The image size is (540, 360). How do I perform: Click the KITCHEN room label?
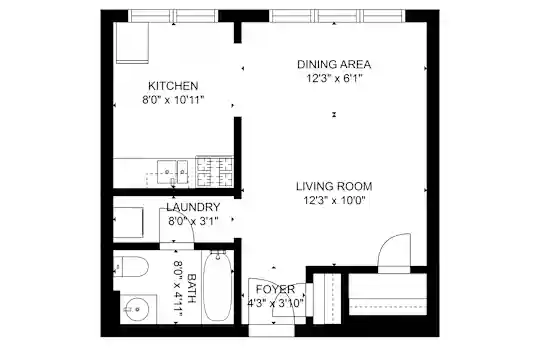pyautogui.click(x=173, y=85)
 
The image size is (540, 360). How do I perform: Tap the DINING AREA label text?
pyautogui.click(x=334, y=64)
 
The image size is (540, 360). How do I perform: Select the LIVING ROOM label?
pyautogui.click(x=334, y=186)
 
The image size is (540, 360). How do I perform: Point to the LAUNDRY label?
pyautogui.click(x=193, y=207)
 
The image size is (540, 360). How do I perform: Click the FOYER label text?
pyautogui.click(x=275, y=289)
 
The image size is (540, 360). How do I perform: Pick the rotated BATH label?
pyautogui.click(x=191, y=288)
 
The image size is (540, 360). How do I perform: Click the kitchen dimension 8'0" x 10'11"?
pyautogui.click(x=173, y=100)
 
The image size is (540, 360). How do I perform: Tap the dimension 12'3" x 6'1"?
pyautogui.click(x=335, y=79)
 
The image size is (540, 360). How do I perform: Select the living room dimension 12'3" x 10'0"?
pyautogui.click(x=334, y=200)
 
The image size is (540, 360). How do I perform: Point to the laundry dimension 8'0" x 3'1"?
pyautogui.click(x=193, y=221)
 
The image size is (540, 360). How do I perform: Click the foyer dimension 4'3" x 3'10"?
pyautogui.click(x=276, y=304)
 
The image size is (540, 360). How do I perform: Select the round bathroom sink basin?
pyautogui.click(x=137, y=309)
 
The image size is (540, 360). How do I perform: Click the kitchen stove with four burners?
pyautogui.click(x=215, y=172)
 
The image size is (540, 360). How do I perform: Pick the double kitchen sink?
pyautogui.click(x=173, y=172)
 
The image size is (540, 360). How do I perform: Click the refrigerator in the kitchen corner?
pyautogui.click(x=132, y=43)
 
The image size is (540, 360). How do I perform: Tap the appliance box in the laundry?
pyautogui.click(x=128, y=222)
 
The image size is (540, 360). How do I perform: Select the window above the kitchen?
pyautogui.click(x=173, y=16)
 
